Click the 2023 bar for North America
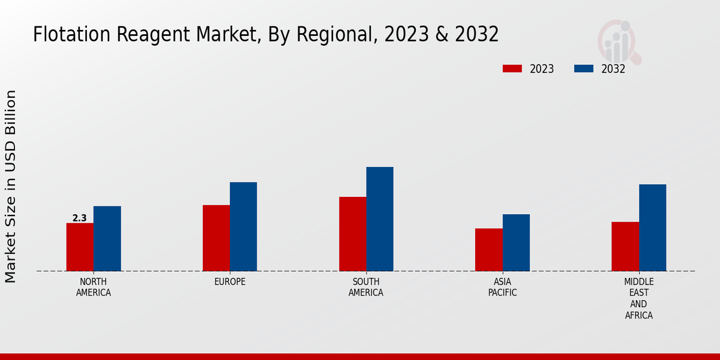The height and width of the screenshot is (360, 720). pyautogui.click(x=80, y=247)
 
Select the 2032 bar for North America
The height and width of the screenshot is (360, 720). pyautogui.click(x=107, y=239)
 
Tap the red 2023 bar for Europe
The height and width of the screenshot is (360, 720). pyautogui.click(x=216, y=238)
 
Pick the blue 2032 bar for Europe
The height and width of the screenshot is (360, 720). pyautogui.click(x=243, y=227)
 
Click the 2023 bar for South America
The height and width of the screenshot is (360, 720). pyautogui.click(x=352, y=234)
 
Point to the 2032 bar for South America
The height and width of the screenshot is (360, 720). pyautogui.click(x=380, y=219)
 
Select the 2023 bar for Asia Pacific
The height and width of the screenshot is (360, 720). pyautogui.click(x=488, y=250)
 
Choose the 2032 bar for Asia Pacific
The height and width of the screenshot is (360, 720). pyautogui.click(x=516, y=242)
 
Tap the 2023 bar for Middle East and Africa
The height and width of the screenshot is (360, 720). pyautogui.click(x=625, y=247)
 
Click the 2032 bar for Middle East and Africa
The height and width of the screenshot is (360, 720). pyautogui.click(x=652, y=227)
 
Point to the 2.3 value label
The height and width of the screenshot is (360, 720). pyautogui.click(x=80, y=218)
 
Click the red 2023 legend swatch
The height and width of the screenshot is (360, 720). pyautogui.click(x=512, y=69)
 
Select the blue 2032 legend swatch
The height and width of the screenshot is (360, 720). pyautogui.click(x=583, y=69)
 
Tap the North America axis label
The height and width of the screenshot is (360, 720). pyautogui.click(x=94, y=287)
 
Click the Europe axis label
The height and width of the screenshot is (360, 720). pyautogui.click(x=230, y=282)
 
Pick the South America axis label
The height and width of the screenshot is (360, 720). pyautogui.click(x=366, y=287)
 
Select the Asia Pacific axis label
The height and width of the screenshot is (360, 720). pyautogui.click(x=502, y=287)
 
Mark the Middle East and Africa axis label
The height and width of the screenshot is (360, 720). pyautogui.click(x=639, y=298)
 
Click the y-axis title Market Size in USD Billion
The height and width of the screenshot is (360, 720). pyautogui.click(x=11, y=186)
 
